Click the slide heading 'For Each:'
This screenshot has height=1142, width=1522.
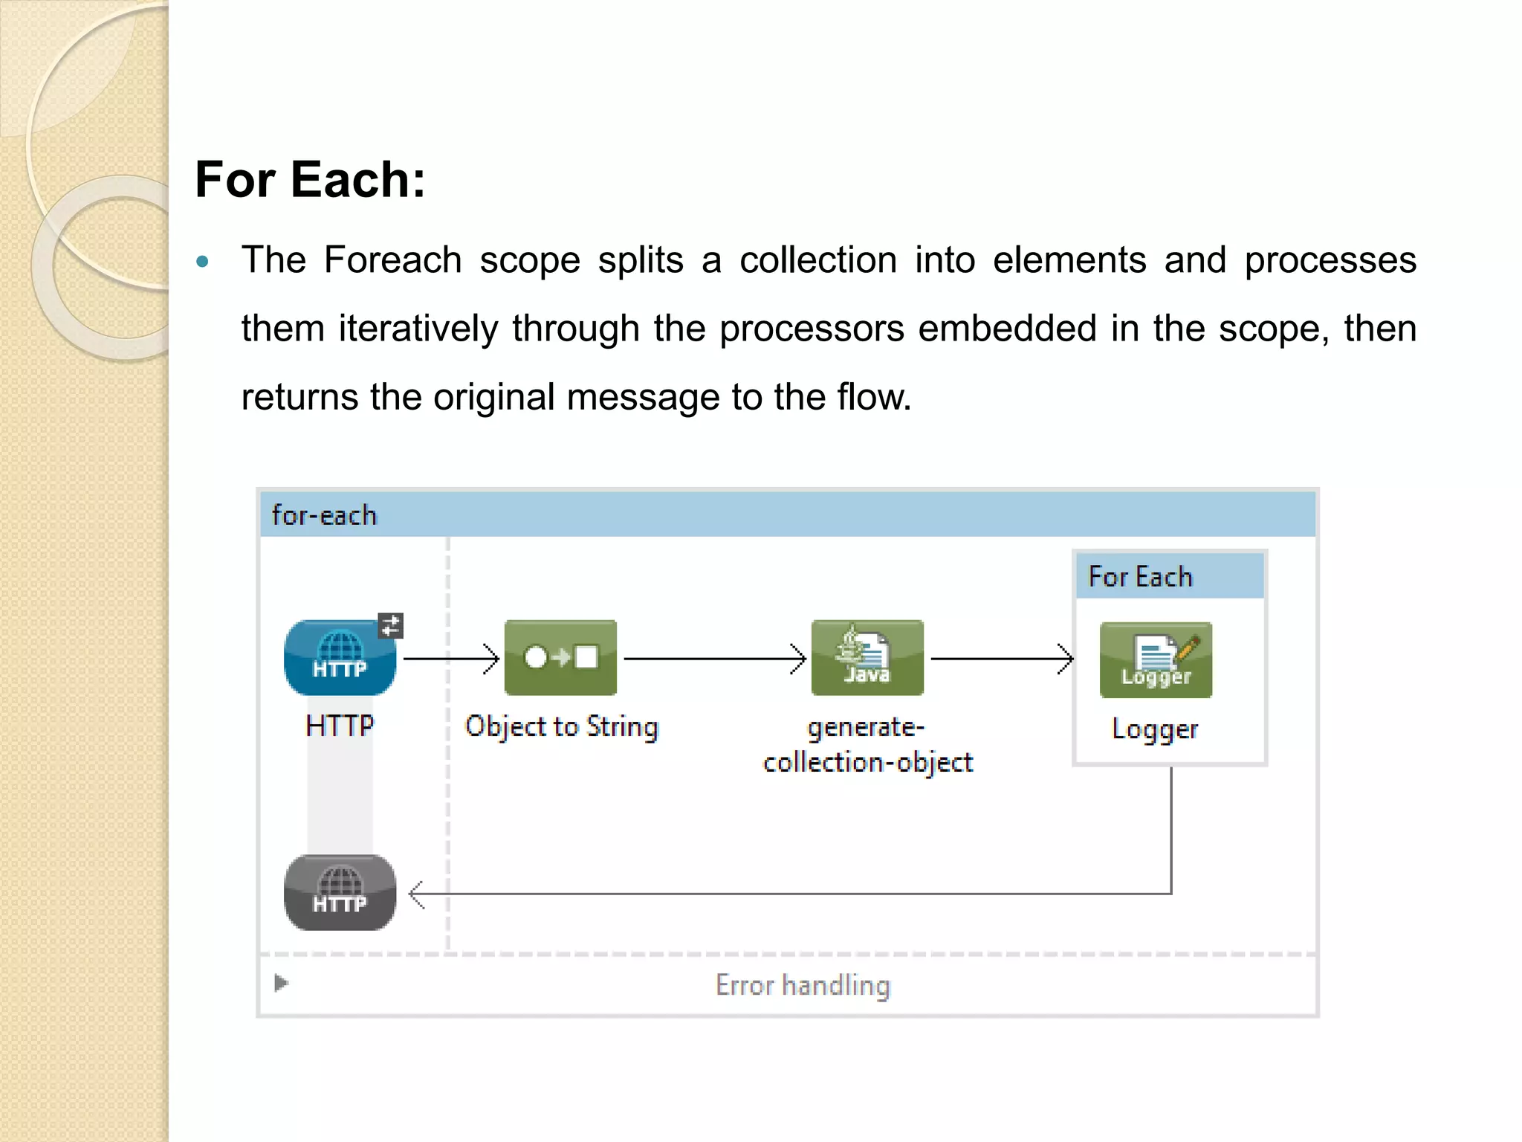pos(310,180)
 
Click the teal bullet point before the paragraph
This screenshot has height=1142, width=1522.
pos(202,262)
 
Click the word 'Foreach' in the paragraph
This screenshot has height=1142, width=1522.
pos(392,260)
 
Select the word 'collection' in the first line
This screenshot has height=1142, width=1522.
pos(817,260)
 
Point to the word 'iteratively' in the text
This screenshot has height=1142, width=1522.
pos(418,329)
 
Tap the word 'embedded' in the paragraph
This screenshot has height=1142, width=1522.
pos(1006,329)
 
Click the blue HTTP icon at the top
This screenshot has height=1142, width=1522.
pos(340,658)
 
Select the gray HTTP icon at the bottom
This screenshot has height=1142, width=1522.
pos(340,892)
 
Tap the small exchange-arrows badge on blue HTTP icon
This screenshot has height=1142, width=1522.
pos(390,625)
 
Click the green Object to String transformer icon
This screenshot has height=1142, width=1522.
pos(560,658)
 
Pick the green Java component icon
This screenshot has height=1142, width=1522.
pos(867,658)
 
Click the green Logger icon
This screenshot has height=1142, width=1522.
pos(1156,660)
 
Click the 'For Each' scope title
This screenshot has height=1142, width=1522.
pos(1140,577)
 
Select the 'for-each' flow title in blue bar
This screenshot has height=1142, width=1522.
pos(324,515)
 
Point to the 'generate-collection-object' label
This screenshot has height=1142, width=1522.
pos(867,744)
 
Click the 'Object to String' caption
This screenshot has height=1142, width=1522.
pos(562,726)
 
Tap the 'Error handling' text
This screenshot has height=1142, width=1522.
pos(803,985)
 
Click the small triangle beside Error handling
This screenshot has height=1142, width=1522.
pos(281,983)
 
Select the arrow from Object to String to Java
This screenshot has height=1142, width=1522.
pos(713,659)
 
